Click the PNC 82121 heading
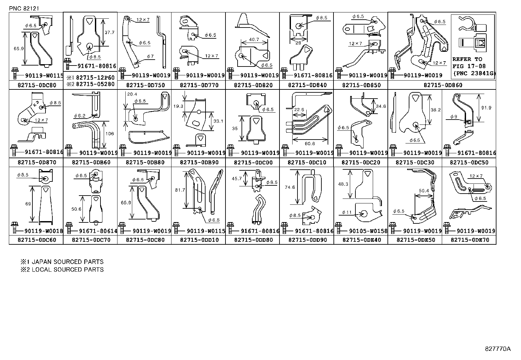[24, 9]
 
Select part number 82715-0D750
[145, 85]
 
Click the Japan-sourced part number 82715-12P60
[95, 78]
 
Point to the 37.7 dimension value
[109, 32]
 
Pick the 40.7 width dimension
[254, 40]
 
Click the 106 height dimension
[110, 134]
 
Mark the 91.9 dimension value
[486, 108]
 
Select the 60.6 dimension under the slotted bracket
[310, 144]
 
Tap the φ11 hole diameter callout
[347, 212]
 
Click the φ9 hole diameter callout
[454, 117]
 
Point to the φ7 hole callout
[150, 56]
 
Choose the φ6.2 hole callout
[80, 116]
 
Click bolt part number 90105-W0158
[368, 231]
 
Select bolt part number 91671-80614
[98, 231]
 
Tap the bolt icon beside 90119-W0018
[14, 228]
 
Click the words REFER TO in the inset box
[467, 59]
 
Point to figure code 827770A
[498, 349]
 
